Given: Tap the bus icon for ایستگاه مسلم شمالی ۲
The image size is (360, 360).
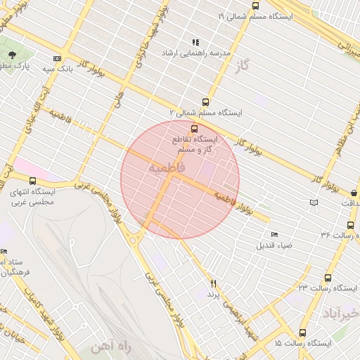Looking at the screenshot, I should [x=205, y=101].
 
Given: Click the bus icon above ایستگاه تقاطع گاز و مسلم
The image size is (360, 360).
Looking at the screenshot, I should [x=195, y=128].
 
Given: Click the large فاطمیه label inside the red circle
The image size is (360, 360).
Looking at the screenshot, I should [x=167, y=167].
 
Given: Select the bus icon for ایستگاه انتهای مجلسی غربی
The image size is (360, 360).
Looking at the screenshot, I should [x=33, y=181].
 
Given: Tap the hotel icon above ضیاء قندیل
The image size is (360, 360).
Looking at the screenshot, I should [x=274, y=234].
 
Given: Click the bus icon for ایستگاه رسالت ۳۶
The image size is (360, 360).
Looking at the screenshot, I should [x=350, y=225].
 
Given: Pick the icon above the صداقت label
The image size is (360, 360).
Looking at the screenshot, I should [x=314, y=203].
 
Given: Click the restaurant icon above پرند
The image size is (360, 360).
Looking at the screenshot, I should [x=213, y=283].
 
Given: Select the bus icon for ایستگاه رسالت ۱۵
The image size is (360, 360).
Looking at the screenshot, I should [x=303, y=333].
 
